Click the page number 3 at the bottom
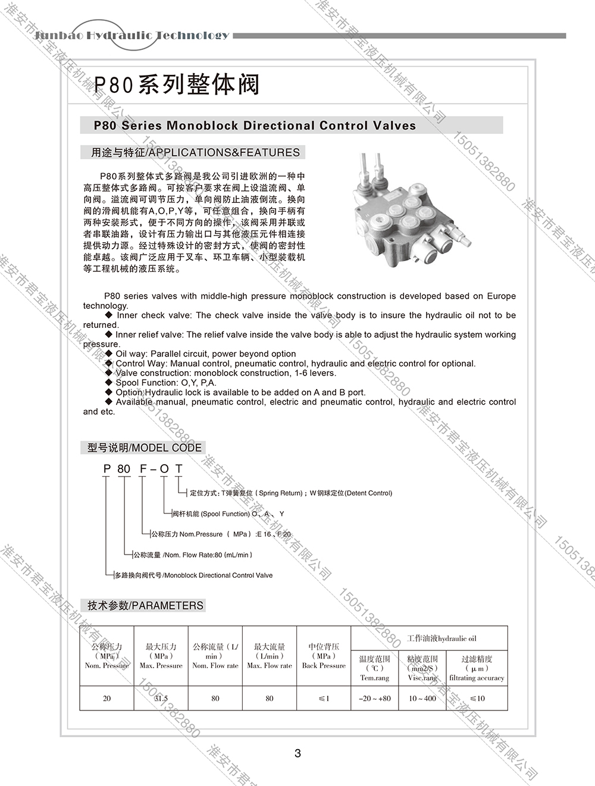pyautogui.click(x=297, y=753)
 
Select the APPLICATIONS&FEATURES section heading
pyautogui.click(x=195, y=152)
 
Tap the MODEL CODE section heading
pyautogui.click(x=145, y=447)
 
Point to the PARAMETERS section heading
pyautogui.click(x=145, y=605)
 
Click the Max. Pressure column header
pyautogui.click(x=161, y=656)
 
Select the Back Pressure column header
pyautogui.click(x=324, y=656)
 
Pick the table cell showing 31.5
pyautogui.click(x=161, y=699)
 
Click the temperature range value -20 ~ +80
pyautogui.click(x=375, y=699)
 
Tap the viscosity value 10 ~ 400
pyautogui.click(x=422, y=699)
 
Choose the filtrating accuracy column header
pyautogui.click(x=477, y=668)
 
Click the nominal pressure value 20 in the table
pyautogui.click(x=107, y=699)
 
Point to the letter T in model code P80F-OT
pyautogui.click(x=178, y=469)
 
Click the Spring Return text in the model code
pyautogui.click(x=280, y=493)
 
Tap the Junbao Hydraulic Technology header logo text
pyautogui.click(x=131, y=35)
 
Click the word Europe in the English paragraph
pyautogui.click(x=501, y=296)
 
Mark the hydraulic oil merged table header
pyautogui.click(x=441, y=638)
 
